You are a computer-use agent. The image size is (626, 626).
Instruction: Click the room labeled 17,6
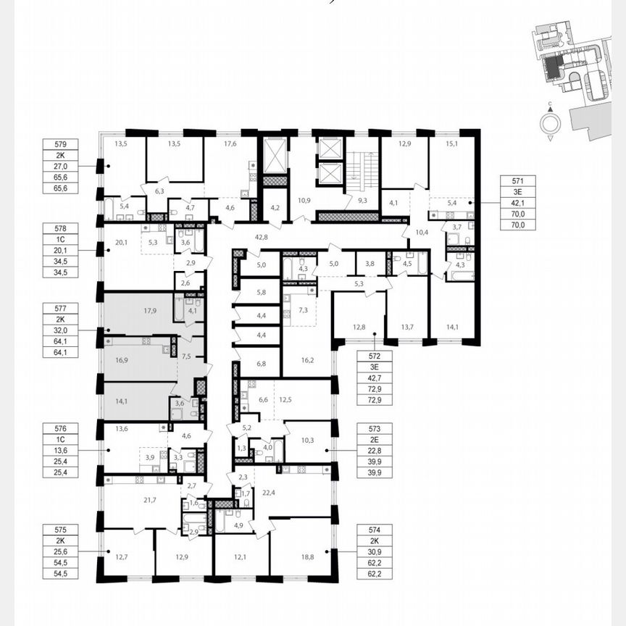[x=230, y=143]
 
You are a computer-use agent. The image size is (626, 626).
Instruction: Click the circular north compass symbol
[x=550, y=124]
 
